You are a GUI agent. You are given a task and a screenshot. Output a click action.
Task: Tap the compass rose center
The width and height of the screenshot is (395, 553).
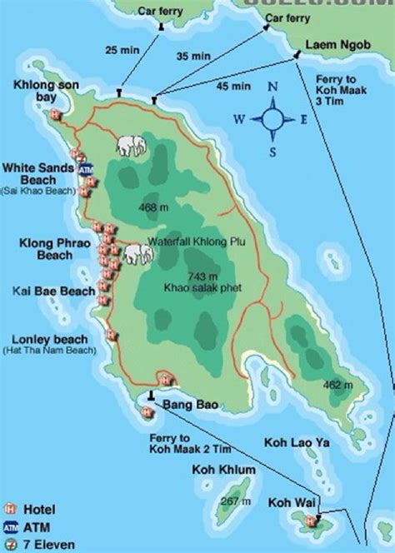click(x=272, y=118)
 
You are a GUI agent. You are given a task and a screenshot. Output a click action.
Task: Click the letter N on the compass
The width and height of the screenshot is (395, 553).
click(x=272, y=86)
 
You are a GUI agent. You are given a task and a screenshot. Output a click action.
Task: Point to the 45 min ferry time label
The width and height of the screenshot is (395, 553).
click(x=232, y=86)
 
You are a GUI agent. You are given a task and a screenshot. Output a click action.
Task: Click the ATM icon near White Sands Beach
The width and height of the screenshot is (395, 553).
click(x=85, y=170)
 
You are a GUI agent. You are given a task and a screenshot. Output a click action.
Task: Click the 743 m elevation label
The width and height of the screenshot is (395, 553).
click(x=202, y=276)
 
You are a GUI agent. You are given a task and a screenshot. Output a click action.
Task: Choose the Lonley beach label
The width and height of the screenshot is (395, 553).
click(x=45, y=339)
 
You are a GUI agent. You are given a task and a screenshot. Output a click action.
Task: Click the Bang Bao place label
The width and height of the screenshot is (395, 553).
click(x=190, y=405)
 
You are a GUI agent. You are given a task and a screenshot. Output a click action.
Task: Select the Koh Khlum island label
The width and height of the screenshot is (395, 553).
click(x=220, y=469)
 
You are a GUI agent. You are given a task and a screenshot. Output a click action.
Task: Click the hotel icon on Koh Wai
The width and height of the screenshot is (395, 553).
click(x=311, y=522)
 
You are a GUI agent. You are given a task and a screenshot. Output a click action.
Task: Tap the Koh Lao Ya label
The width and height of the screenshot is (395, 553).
click(x=297, y=442)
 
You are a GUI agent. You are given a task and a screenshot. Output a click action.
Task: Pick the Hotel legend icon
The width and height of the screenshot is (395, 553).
click(x=11, y=508)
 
